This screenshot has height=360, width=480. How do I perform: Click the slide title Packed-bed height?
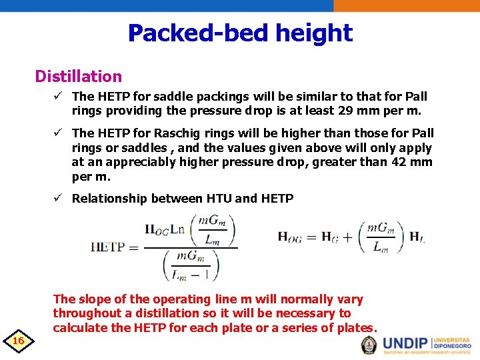tap(240, 33)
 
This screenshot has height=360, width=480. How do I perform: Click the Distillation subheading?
tap(78, 77)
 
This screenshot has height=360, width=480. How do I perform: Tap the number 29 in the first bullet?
tap(363, 110)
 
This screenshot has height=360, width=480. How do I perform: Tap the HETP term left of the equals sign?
tap(108, 247)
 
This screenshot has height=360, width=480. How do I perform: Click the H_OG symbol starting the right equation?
tap(292, 237)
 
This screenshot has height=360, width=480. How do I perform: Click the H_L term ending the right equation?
tap(416, 237)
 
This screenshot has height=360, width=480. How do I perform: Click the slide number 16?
tap(19, 341)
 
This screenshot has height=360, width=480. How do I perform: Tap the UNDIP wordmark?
tap(406, 343)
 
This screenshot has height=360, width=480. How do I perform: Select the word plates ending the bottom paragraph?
tap(357, 328)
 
